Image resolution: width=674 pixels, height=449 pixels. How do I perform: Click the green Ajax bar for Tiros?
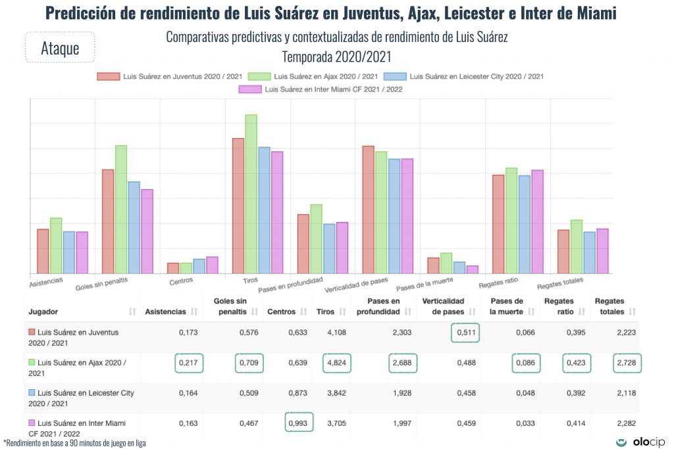click(251, 194)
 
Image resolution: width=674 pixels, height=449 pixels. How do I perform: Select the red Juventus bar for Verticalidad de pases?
click(369, 210)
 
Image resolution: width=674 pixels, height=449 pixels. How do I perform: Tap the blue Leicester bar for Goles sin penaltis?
click(134, 227)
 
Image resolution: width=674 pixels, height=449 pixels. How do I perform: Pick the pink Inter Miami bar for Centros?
click(212, 265)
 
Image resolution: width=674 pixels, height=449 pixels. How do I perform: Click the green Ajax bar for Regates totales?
click(577, 247)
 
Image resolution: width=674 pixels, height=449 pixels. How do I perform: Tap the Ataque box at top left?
click(60, 48)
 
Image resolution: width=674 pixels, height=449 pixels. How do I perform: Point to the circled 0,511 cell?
click(465, 333)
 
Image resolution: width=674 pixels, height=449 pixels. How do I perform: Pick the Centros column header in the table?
click(281, 311)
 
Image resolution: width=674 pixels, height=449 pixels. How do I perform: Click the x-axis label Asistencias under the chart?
click(46, 281)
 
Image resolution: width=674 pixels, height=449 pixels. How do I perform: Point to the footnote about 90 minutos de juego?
click(74, 443)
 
